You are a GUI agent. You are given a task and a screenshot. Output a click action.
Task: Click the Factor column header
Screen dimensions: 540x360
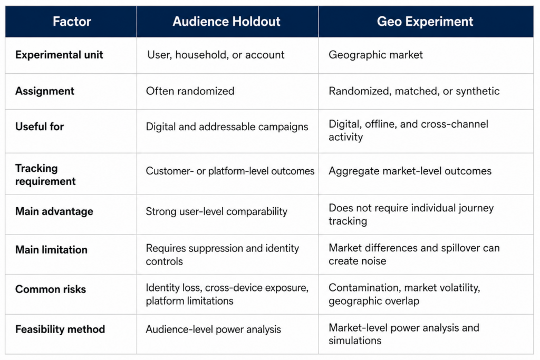click(72, 21)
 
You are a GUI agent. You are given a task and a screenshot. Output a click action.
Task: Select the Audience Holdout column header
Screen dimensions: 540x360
click(226, 21)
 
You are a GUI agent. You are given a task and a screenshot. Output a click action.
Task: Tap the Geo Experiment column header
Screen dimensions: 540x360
click(425, 21)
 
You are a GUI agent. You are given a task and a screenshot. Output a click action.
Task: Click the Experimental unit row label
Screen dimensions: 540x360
click(59, 55)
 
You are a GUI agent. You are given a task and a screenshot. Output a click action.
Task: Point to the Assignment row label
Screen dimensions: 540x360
click(44, 91)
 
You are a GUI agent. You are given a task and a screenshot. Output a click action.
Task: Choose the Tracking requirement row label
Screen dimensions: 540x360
click(45, 174)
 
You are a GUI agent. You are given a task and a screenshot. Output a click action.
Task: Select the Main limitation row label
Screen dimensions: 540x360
click(51, 249)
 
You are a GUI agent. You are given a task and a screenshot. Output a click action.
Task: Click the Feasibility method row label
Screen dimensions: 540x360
click(60, 329)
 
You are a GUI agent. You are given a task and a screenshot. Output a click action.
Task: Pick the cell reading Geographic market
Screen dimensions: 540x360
click(375, 55)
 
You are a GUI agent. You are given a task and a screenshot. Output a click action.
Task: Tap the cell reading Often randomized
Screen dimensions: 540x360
click(190, 91)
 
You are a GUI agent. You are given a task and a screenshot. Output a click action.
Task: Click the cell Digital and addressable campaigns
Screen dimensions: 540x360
click(227, 127)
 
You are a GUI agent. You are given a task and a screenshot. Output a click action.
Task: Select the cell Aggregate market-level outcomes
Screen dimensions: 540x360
click(410, 171)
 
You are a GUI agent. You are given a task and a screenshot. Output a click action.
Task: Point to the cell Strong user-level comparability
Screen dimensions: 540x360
click(216, 211)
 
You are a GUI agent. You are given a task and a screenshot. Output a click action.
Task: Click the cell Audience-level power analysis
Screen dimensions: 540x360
click(213, 329)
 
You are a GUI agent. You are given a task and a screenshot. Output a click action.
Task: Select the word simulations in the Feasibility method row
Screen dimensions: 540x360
click(355, 340)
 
